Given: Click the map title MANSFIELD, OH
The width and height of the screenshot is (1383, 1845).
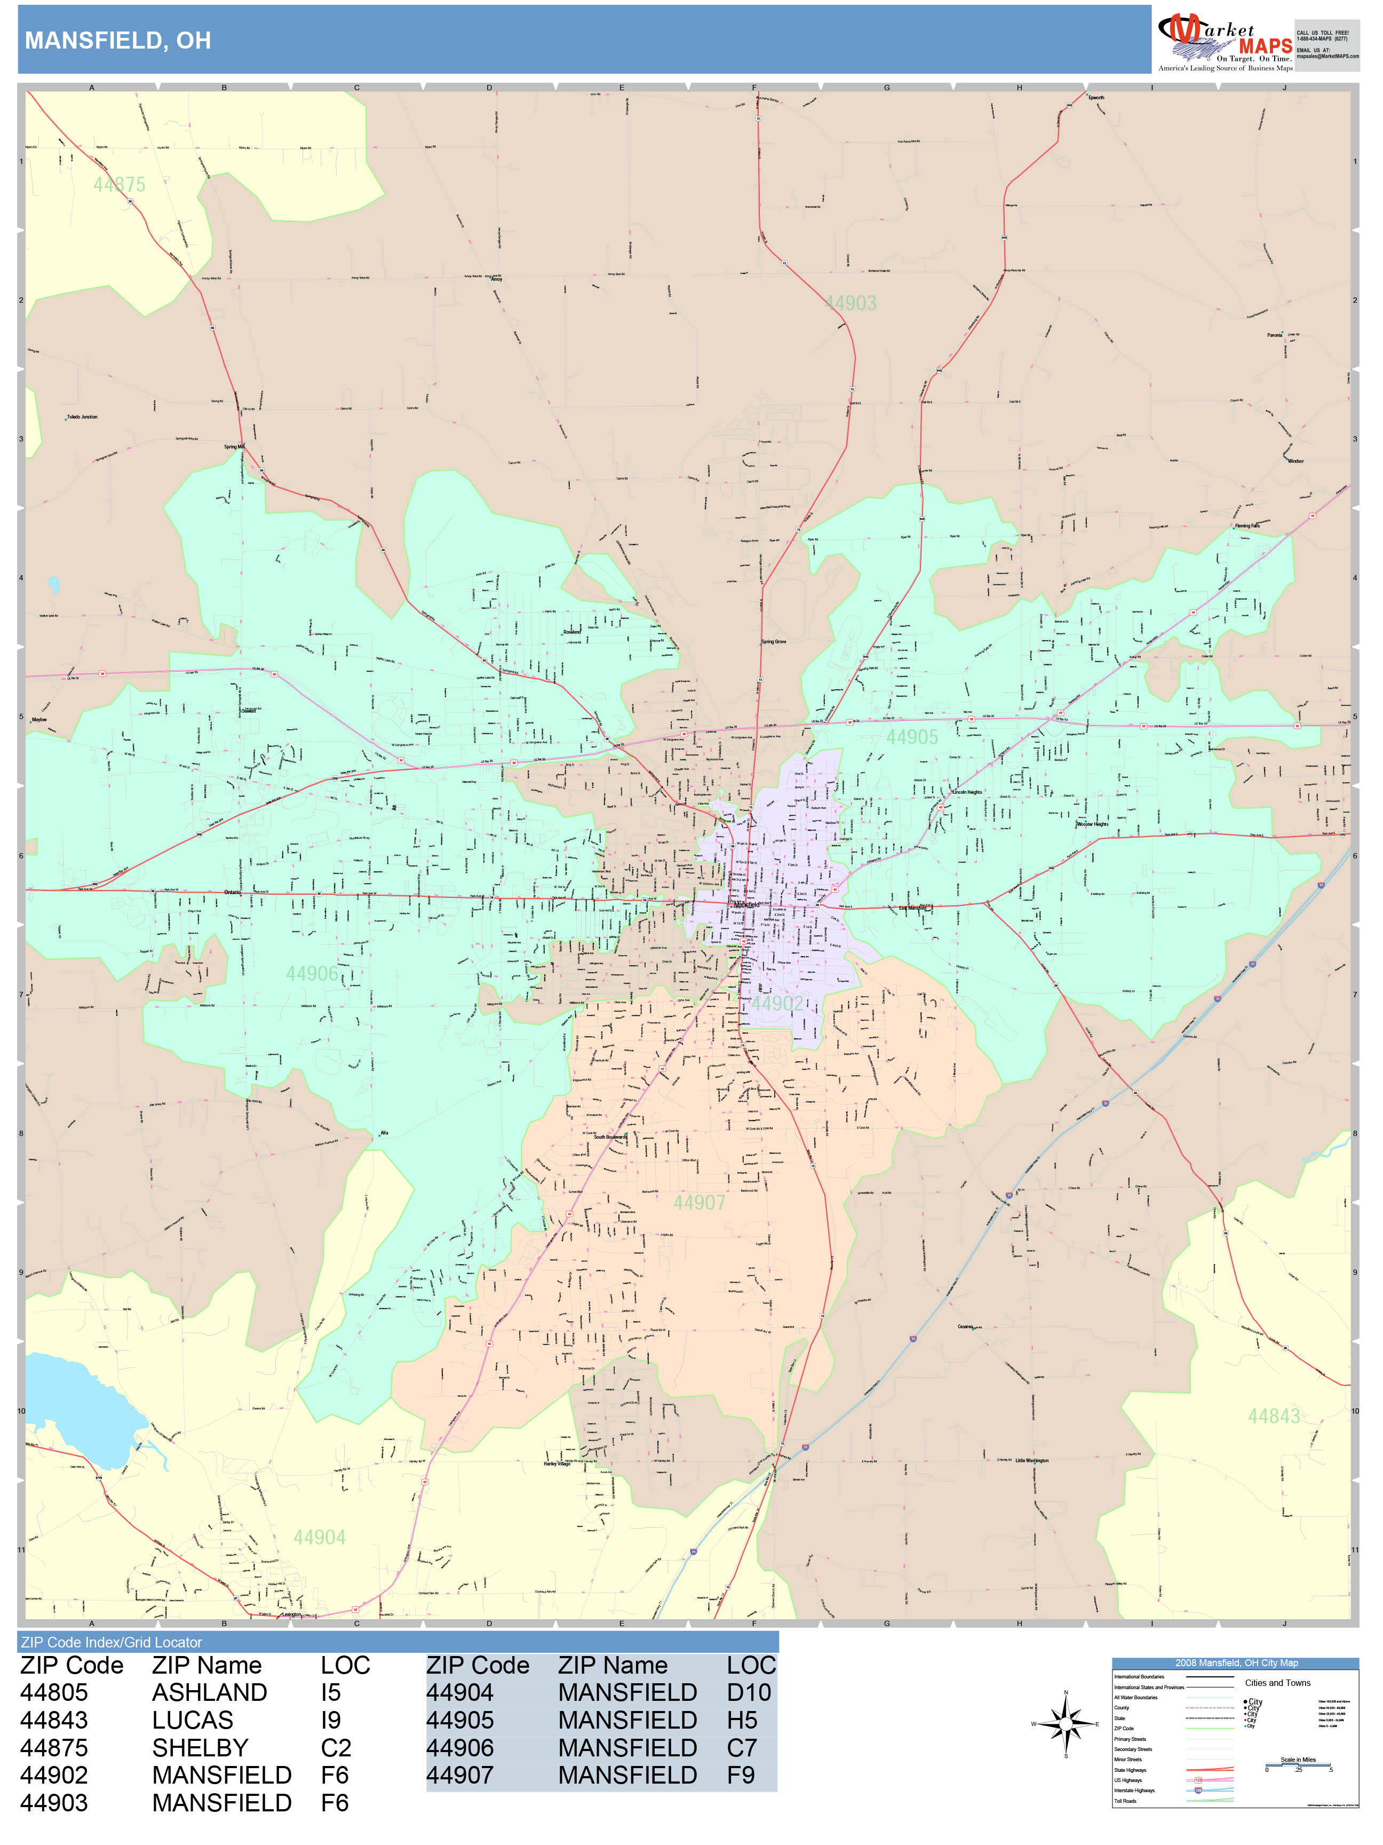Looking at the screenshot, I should [x=117, y=40].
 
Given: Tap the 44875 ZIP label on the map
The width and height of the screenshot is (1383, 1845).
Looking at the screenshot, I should [x=119, y=184].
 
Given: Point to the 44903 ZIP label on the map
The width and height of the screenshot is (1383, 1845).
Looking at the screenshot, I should [x=851, y=304].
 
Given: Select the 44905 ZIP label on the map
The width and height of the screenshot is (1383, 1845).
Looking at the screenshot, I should [x=912, y=737].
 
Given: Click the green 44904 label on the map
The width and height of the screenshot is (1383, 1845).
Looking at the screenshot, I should [x=319, y=1537].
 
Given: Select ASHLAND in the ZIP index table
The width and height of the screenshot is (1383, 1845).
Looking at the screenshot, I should [x=209, y=1692].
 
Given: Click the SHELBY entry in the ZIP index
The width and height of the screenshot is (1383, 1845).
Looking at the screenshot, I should [x=200, y=1747].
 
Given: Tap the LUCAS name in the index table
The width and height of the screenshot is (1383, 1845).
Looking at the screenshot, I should [x=193, y=1720].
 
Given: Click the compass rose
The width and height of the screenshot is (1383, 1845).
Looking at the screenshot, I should [x=1066, y=1723].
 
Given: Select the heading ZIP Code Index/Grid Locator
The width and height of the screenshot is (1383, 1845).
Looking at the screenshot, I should [x=112, y=1642].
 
